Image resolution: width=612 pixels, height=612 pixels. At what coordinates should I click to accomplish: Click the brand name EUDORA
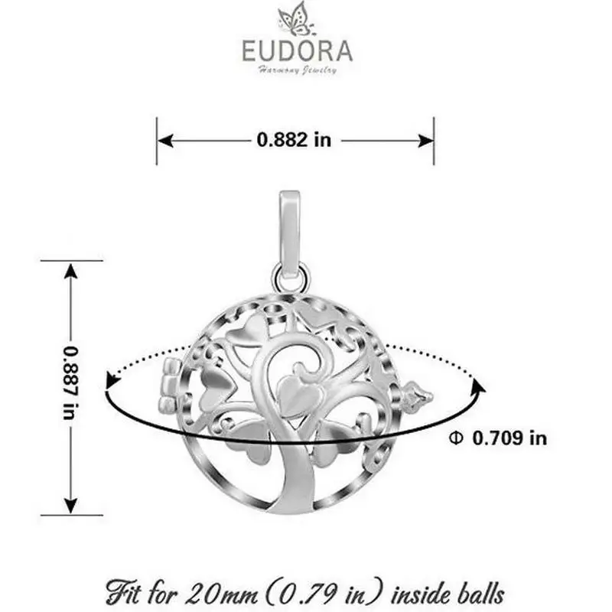298,50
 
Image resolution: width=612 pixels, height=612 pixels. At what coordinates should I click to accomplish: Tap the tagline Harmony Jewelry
298,70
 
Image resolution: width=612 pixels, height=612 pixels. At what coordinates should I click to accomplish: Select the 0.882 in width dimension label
294,140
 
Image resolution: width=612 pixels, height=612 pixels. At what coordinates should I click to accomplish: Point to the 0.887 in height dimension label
70,382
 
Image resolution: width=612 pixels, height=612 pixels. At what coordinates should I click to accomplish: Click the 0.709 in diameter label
509,438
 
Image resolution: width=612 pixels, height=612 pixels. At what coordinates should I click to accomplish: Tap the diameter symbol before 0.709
456,438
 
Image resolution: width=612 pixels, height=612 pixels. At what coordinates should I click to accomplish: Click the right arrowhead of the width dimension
425,141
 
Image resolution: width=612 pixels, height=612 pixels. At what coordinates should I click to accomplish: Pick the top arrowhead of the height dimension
70,271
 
